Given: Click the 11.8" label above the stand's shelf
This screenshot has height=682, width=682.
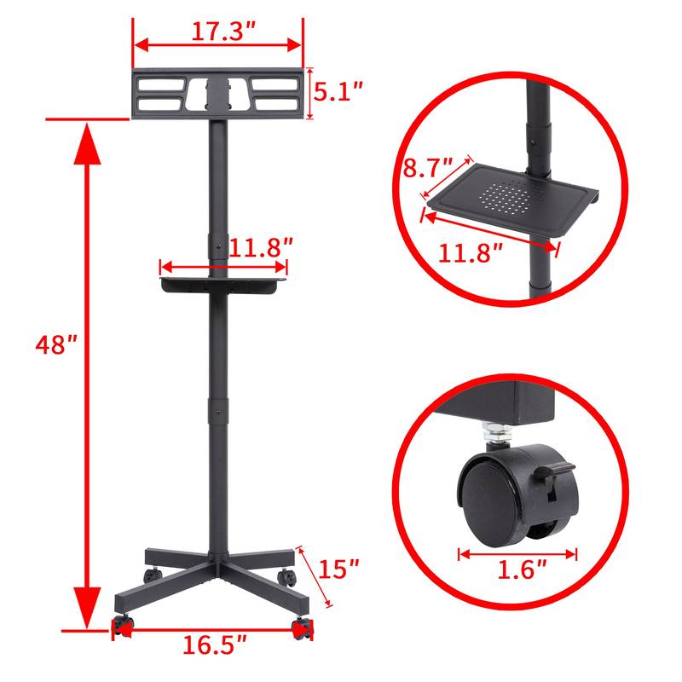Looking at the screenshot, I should tap(260, 247).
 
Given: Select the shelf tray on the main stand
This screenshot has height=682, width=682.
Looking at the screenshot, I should tap(223, 282).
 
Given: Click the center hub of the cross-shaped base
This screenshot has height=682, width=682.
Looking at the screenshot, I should tap(218, 569).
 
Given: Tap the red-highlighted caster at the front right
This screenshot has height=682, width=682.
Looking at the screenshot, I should tap(301, 629).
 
